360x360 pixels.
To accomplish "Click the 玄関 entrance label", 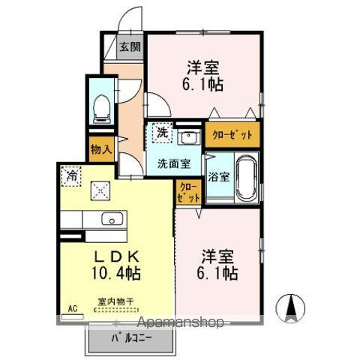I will click(130, 46).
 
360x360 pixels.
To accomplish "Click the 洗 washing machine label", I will click(162, 133).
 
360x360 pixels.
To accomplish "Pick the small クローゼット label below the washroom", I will click(187, 192).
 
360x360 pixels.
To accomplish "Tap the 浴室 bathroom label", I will click(218, 178).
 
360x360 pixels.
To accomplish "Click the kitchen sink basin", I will click(113, 219).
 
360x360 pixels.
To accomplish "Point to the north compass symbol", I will click(292, 307).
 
